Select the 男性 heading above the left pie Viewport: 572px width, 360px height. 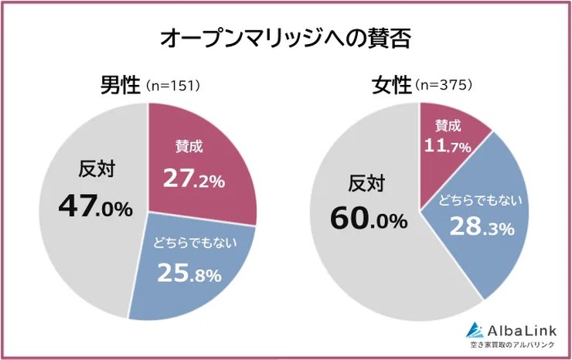pyautogui.click(x=118, y=84)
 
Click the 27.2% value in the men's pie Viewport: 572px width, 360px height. pyautogui.click(x=193, y=179)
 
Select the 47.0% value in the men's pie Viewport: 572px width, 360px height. pyautogui.click(x=95, y=207)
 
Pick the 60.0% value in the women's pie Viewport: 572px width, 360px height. pyautogui.click(x=369, y=219)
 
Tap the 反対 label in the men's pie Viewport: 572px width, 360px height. pyautogui.click(x=97, y=169)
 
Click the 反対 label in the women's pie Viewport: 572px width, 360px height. pyautogui.click(x=366, y=184)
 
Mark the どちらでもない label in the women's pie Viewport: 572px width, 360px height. pyautogui.click(x=480, y=200)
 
